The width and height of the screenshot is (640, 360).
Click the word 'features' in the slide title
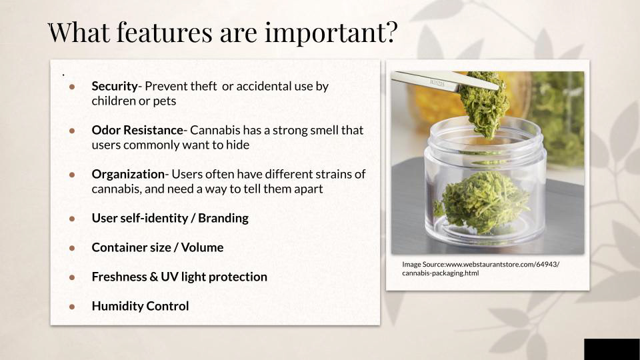pyautogui.click(x=165, y=32)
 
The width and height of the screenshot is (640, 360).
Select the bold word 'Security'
pyautogui.click(x=115, y=87)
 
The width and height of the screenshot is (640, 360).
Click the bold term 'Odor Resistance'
pyautogui.click(x=137, y=130)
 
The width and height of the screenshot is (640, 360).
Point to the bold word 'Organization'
pyautogui.click(x=128, y=175)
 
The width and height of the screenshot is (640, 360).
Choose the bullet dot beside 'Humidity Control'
pyautogui.click(x=72, y=306)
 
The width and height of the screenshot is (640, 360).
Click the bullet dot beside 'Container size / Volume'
pyautogui.click(x=72, y=248)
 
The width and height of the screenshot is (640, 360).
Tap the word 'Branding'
pyautogui.click(x=223, y=219)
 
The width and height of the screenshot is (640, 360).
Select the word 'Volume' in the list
pyautogui.click(x=202, y=247)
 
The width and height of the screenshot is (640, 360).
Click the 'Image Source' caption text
pyautogui.click(x=481, y=269)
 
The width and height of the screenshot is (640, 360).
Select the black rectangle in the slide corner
pyautogui.click(x=612, y=349)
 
